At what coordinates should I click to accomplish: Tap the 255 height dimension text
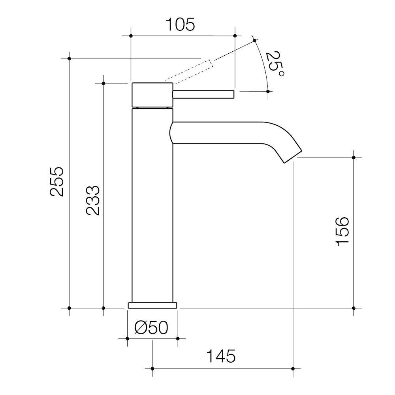(x=56, y=181)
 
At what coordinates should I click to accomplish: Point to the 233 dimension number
(x=93, y=200)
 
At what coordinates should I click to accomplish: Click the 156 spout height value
(x=342, y=231)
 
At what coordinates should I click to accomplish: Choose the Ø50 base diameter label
(x=152, y=327)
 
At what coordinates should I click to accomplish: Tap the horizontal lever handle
(x=203, y=94)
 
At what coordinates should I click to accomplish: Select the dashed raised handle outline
(x=193, y=71)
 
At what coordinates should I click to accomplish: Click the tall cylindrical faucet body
(x=152, y=205)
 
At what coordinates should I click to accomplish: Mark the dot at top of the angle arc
(x=254, y=40)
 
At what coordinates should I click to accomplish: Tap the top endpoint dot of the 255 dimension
(x=69, y=58)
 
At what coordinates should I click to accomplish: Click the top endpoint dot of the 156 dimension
(x=354, y=158)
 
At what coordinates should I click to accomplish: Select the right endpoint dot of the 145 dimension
(x=293, y=369)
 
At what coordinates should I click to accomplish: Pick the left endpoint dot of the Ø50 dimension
(x=127, y=339)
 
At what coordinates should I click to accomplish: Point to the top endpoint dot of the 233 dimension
(x=103, y=83)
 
